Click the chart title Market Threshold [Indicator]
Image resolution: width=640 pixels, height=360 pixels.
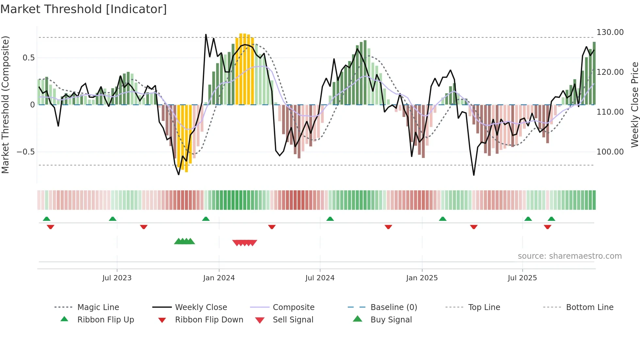[84, 9]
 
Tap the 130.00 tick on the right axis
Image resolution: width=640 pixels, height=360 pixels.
[610, 32]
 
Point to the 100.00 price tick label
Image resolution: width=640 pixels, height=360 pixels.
[610, 152]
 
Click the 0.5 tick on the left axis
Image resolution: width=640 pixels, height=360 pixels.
[28, 58]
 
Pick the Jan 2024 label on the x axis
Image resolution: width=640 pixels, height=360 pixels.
[219, 278]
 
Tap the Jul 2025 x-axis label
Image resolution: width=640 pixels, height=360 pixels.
[522, 278]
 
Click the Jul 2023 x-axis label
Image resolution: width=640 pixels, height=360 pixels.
[117, 278]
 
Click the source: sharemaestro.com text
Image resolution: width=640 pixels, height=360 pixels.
[569, 256]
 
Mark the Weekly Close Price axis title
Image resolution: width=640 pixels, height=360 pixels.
[634, 105]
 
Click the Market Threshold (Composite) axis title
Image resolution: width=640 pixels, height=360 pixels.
[5, 105]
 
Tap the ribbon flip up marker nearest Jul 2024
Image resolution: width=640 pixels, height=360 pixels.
[330, 219]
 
